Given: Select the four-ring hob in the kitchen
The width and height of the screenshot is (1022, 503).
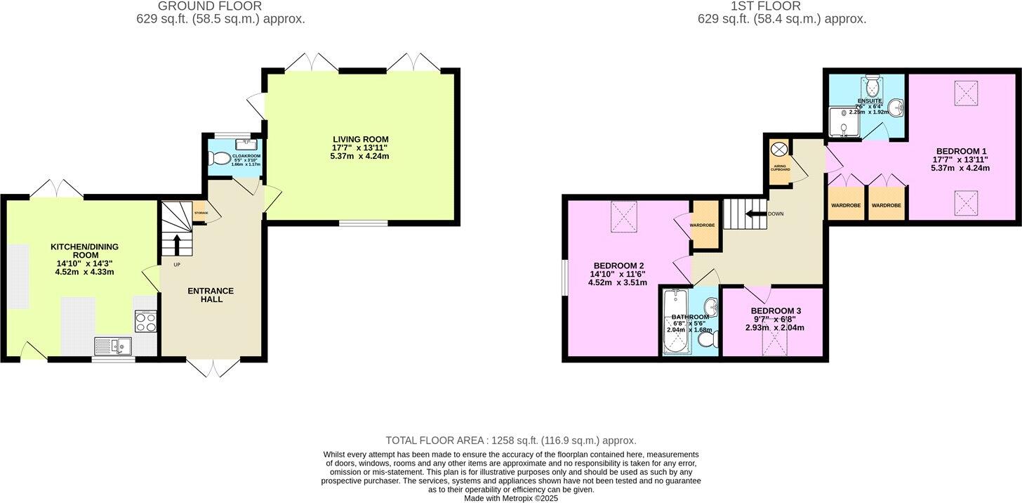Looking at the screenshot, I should pyautogui.click(x=145, y=322).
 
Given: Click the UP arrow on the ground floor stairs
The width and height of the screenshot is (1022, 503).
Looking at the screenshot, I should pyautogui.click(x=176, y=245).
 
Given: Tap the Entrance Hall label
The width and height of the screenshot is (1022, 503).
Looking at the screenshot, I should pyautogui.click(x=211, y=295).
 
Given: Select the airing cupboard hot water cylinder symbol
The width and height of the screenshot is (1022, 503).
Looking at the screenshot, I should pyautogui.click(x=778, y=149).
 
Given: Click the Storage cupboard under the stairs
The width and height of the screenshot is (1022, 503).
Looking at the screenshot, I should pyautogui.click(x=200, y=213).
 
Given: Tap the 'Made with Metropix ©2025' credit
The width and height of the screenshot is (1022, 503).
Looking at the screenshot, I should pyautogui.click(x=510, y=498).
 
